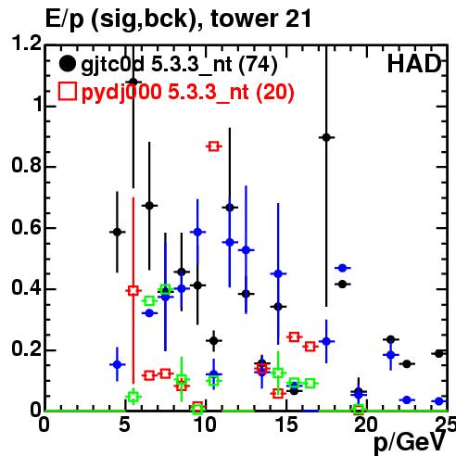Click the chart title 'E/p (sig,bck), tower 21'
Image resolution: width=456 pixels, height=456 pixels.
(178, 19)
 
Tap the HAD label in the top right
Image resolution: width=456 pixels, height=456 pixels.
(414, 64)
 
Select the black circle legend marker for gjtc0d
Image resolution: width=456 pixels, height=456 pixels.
(67, 64)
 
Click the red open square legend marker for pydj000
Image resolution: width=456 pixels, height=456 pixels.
(68, 92)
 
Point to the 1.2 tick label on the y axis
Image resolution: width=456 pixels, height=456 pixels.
(27, 44)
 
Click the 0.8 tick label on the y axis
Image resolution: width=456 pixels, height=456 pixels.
(27, 165)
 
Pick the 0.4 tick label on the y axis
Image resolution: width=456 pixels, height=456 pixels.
(27, 287)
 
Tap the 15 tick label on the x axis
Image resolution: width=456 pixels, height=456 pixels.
(286, 425)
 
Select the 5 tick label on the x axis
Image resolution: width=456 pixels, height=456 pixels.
(124, 425)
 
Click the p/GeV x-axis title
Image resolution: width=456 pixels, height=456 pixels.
(410, 442)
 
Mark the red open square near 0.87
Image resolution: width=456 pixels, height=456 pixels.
(214, 146)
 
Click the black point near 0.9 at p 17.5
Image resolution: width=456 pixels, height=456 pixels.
(326, 137)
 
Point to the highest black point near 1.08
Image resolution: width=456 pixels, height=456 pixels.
(133, 82)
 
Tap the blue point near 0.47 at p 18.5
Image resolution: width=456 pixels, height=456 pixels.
(342, 268)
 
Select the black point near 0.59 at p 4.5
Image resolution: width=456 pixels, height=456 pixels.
(117, 232)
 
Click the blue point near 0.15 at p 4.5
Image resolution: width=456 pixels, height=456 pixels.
(117, 364)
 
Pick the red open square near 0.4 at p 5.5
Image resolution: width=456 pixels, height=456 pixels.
(133, 290)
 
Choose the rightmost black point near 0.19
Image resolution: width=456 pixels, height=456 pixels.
(438, 354)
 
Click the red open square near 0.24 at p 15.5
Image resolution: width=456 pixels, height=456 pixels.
(294, 336)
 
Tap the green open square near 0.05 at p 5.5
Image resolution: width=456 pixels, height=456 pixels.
(133, 397)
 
